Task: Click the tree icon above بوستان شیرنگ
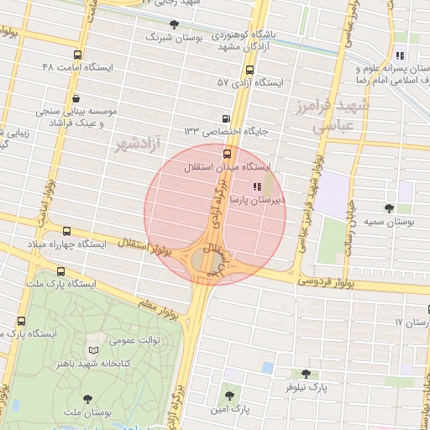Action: click(x=174, y=24)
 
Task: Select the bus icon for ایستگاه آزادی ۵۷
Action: click(x=249, y=70)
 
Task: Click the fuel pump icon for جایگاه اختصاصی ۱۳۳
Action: click(x=225, y=118)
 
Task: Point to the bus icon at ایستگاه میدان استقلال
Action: click(x=228, y=154)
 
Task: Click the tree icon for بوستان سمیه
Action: click(x=388, y=208)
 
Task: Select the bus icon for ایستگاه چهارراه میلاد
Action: click(x=66, y=231)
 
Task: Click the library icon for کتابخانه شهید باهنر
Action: click(x=92, y=349)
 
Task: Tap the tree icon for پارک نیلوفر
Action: click(x=304, y=374)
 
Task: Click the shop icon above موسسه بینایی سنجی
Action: click(x=76, y=97)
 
